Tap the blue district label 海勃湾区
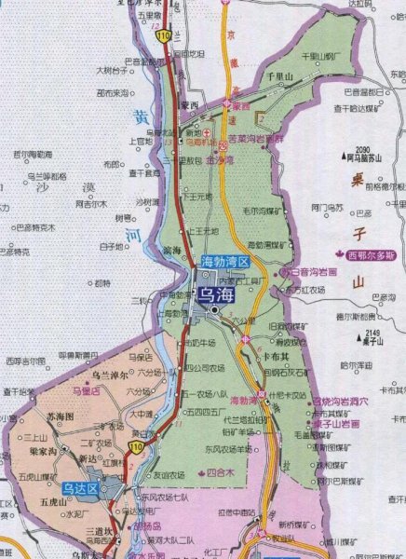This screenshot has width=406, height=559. click(225, 263)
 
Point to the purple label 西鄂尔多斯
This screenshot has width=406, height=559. click(371, 255)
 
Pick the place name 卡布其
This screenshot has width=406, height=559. click(273, 355)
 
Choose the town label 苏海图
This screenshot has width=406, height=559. click(46, 418)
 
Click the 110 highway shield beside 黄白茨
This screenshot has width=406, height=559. click(137, 448)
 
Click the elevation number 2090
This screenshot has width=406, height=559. click(362, 149)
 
